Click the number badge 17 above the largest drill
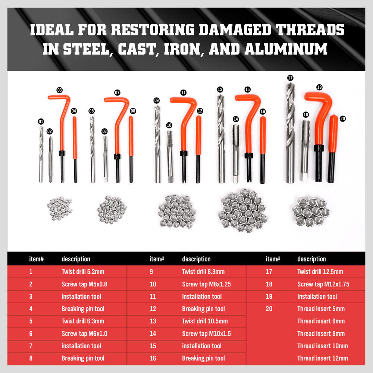pyautogui.click(x=290, y=78)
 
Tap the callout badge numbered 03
pyautogui.click(x=60, y=90)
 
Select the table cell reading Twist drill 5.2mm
pyautogui.click(x=83, y=272)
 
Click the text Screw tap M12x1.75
pyautogui.click(x=323, y=284)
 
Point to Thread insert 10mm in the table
pyautogui.click(x=322, y=346)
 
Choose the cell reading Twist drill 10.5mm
pyautogui.click(x=205, y=321)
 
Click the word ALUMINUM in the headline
pyautogui.click(x=286, y=49)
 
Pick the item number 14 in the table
pyautogui.click(x=153, y=333)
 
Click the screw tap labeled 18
pyautogui.click(x=305, y=149)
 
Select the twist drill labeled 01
pyautogui.click(x=41, y=155)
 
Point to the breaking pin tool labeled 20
pyautogui.click(x=332, y=149)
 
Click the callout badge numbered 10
pyautogui.click(x=169, y=125)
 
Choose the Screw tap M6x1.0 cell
pyautogui.click(x=84, y=333)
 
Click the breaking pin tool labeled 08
pyautogui.click(x=131, y=149)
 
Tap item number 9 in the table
pyautogui.click(x=151, y=272)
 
